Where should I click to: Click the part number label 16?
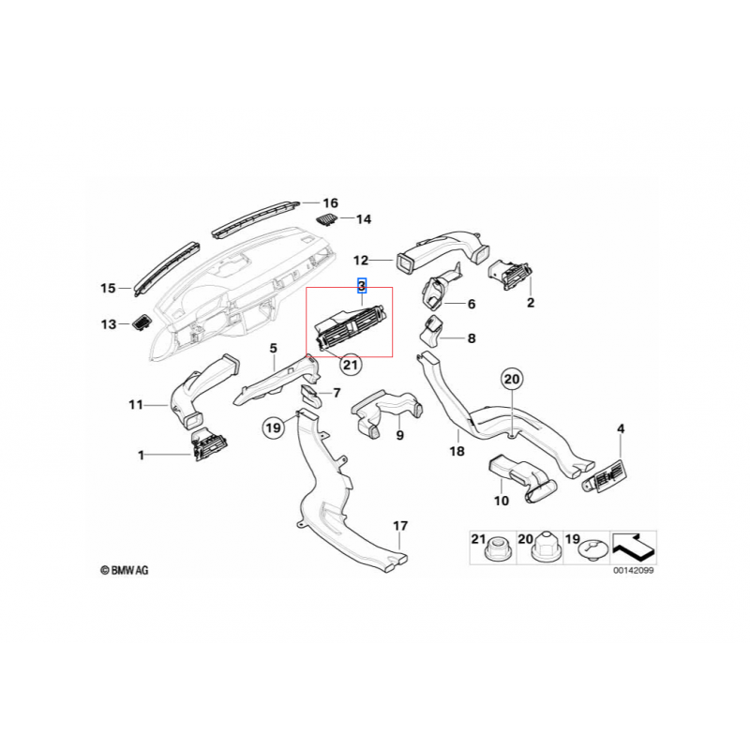(x=329, y=203)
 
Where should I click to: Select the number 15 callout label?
(x=108, y=288)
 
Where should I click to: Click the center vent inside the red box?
(x=350, y=331)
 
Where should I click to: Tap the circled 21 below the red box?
(x=350, y=365)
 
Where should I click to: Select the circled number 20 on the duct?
(x=511, y=380)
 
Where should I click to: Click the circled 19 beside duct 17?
(x=272, y=428)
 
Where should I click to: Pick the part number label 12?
(x=362, y=260)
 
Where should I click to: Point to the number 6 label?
(x=472, y=305)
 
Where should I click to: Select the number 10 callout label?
(x=501, y=502)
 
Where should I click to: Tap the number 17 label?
(x=400, y=526)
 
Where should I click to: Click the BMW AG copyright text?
(x=124, y=569)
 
